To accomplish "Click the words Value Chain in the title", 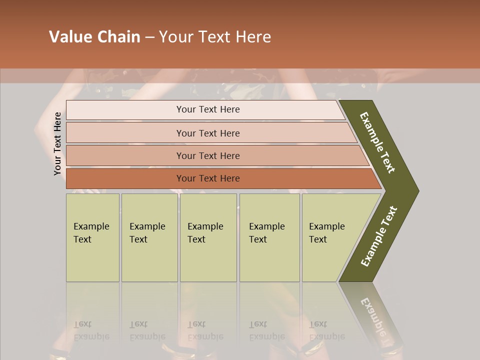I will pos(94,37).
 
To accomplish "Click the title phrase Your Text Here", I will pos(215,37).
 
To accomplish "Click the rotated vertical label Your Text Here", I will pos(57,143).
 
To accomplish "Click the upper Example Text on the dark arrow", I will pos(377,142).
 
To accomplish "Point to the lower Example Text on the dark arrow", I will pos(379,236).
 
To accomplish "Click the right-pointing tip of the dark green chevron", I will pos(415,190).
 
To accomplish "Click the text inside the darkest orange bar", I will pos(208,178).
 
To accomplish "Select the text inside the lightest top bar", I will pos(208,109).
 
